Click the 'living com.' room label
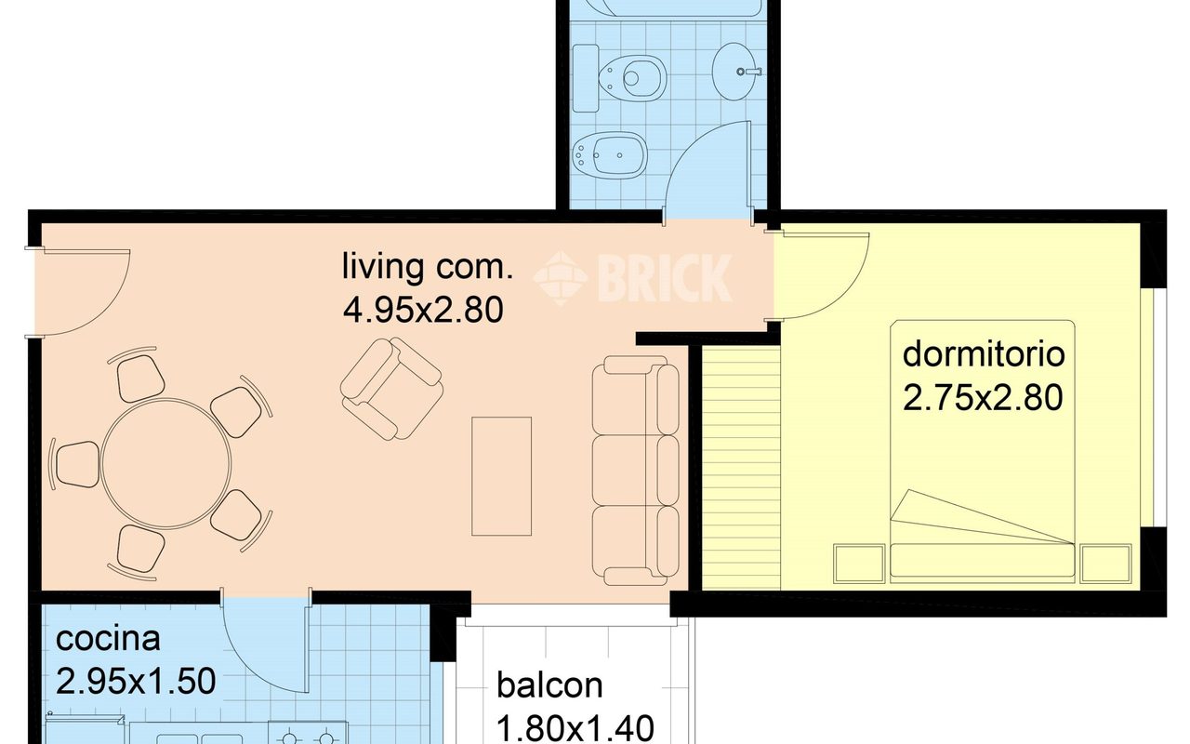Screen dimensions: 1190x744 428,266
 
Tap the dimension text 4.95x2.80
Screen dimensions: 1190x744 423,311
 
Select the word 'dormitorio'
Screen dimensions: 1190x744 984,354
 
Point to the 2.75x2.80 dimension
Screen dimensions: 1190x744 983,398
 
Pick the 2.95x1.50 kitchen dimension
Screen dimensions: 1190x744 136,682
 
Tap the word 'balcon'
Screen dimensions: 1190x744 549,685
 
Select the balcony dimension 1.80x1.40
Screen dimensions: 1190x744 575,728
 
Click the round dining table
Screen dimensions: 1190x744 166,463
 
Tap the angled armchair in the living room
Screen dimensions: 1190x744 391,390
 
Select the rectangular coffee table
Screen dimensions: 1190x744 501,476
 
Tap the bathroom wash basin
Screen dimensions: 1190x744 737,72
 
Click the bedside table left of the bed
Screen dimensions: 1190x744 859,564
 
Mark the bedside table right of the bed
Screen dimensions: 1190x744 1105,564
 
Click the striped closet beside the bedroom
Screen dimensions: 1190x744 741,468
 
